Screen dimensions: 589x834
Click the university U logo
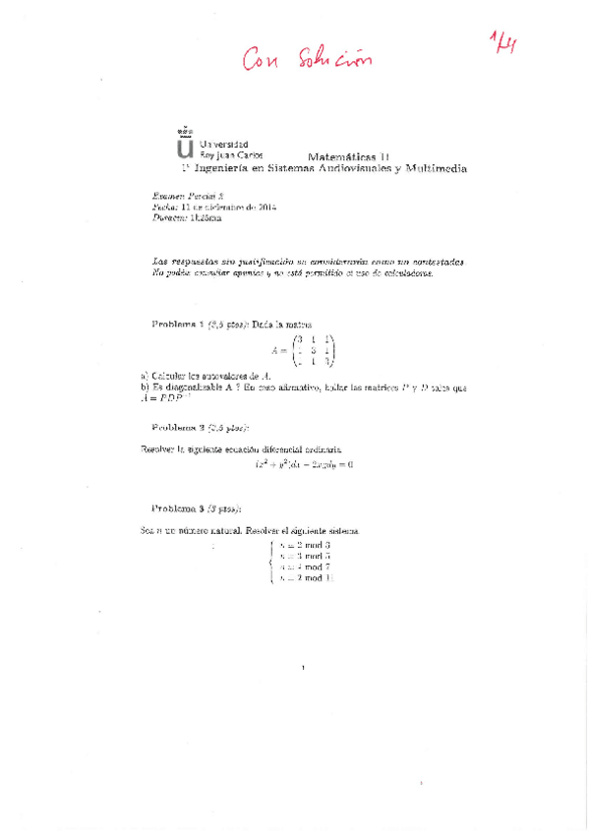[184, 145]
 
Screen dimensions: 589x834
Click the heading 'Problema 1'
[178, 324]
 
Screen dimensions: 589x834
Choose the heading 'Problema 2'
[178, 428]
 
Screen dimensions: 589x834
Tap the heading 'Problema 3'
[178, 508]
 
